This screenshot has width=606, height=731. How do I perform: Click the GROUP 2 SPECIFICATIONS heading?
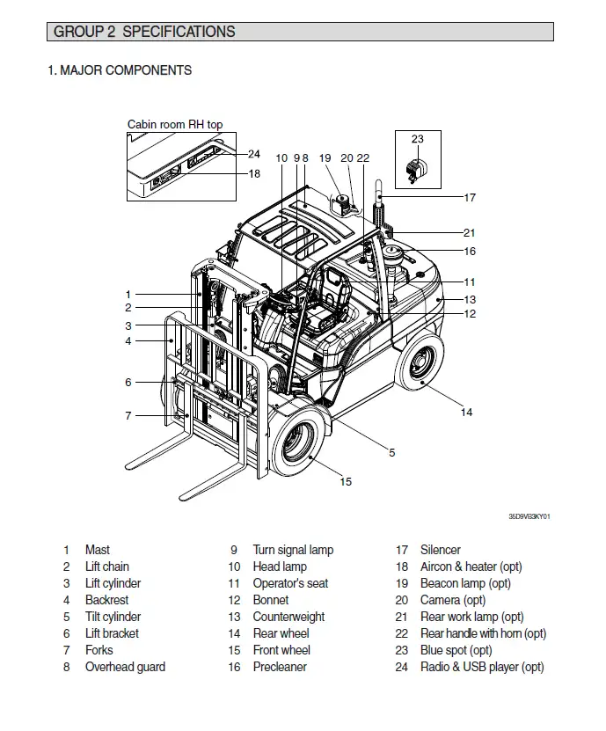pos(144,33)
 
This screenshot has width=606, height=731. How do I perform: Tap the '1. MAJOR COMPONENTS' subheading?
pos(120,70)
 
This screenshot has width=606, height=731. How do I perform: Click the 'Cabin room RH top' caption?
pos(175,125)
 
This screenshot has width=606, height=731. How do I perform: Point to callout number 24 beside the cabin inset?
pos(254,155)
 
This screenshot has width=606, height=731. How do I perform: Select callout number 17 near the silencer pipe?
pos(470,198)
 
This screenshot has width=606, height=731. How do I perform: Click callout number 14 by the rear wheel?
pos(466,412)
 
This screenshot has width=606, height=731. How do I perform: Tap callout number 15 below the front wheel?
pos(346,481)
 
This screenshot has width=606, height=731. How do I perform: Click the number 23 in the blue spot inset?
pos(417,139)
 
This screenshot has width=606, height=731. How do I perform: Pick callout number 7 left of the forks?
pos(128,416)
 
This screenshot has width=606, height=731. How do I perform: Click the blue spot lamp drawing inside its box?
pos(416,170)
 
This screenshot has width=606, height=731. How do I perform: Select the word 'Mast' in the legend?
pos(98,550)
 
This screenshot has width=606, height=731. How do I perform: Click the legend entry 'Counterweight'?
pos(288,617)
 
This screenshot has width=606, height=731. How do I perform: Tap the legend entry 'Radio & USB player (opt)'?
pos(482,667)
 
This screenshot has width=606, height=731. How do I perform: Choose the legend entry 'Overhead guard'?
pos(125,667)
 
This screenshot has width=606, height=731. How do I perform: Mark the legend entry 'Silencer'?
pos(441,550)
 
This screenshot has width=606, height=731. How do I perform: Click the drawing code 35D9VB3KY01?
pos(535,517)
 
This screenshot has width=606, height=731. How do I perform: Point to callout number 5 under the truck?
pos(392,453)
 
